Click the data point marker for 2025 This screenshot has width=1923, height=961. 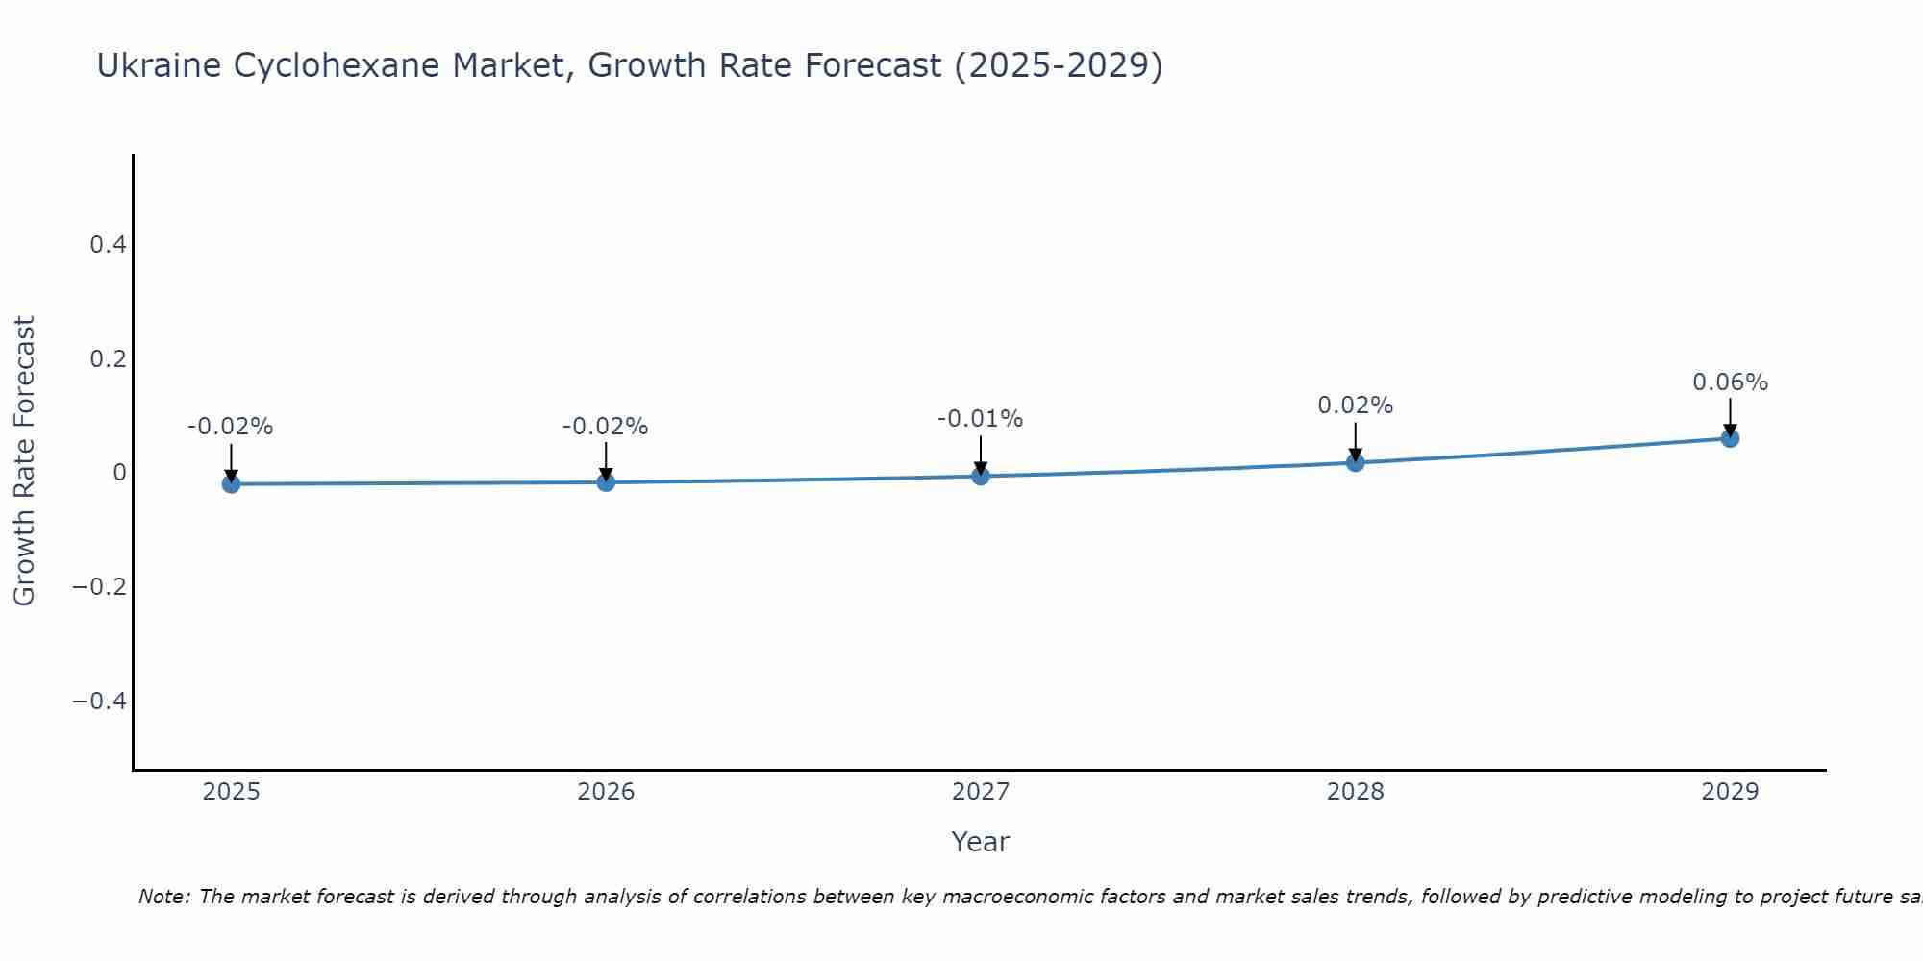pos(231,483)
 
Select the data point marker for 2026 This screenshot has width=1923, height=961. pos(606,481)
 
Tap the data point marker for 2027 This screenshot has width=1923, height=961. pos(981,476)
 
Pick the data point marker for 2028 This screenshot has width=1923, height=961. pos(1356,462)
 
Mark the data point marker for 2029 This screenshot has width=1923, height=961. pos(1730,438)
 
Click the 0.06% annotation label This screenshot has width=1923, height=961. pos(1730,382)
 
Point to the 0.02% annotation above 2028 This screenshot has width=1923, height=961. pos(1355,406)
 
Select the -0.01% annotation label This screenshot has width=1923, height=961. pos(980,419)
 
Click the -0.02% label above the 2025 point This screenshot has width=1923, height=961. pos(230,427)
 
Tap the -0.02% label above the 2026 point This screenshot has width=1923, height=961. pos(605,427)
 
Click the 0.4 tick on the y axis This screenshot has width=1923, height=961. pos(108,245)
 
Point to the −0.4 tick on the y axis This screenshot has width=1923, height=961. pos(99,701)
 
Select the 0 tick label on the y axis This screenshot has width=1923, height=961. pos(119,473)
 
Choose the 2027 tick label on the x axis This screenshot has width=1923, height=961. pos(980,792)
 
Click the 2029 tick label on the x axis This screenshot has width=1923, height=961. pos(1730,792)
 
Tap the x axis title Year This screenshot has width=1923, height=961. pos(980,842)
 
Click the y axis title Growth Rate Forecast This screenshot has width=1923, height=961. pos(24,461)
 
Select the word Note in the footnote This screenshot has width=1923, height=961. pos(163,897)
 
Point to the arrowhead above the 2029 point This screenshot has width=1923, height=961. pos(1730,431)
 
